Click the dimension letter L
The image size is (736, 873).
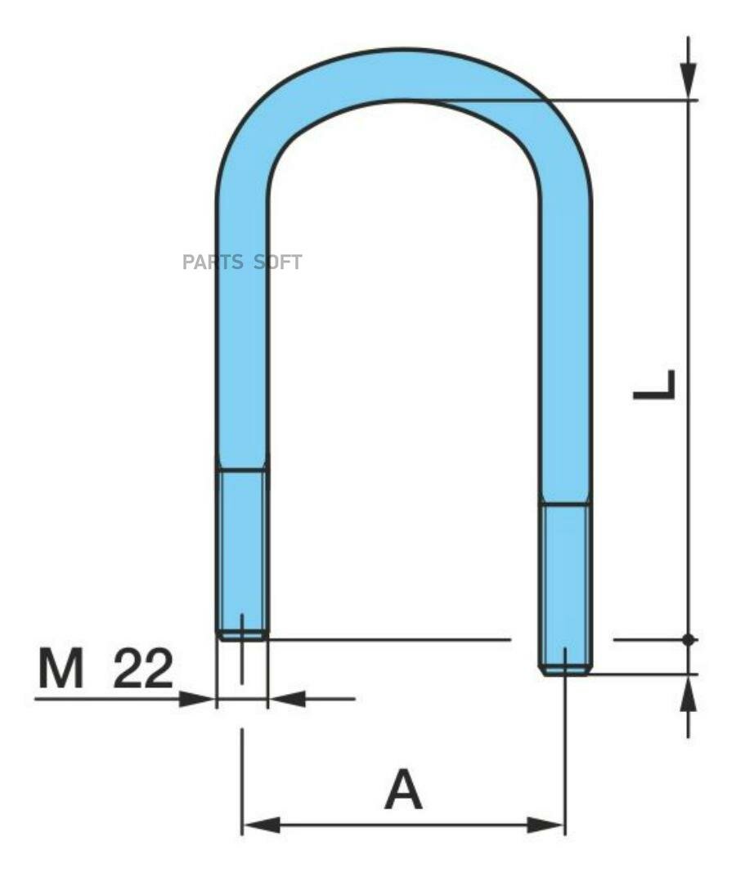pyautogui.click(x=655, y=385)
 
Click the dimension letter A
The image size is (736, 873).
pyautogui.click(x=403, y=789)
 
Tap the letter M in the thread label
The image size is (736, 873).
pyautogui.click(x=61, y=668)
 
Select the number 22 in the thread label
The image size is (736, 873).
pyautogui.click(x=143, y=668)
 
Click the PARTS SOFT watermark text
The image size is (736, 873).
pyautogui.click(x=242, y=262)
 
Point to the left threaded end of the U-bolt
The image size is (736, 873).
pyautogui.click(x=242, y=554)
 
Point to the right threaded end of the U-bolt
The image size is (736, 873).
pyautogui.click(x=565, y=589)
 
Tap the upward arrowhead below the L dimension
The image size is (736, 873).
pyautogui.click(x=689, y=693)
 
